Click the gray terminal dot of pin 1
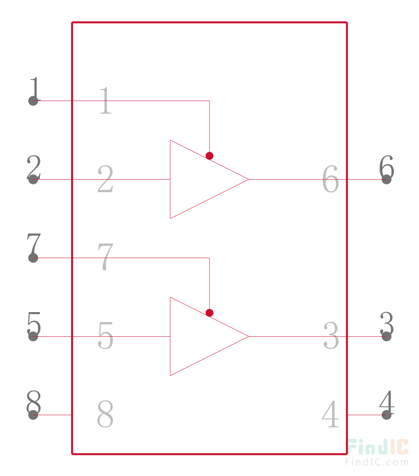coord(33,101)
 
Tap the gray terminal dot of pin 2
coord(33,180)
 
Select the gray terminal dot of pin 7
coord(33,258)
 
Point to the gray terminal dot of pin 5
coord(33,336)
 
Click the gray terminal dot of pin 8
coord(33,415)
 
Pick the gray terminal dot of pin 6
coord(386,180)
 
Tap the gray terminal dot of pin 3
coord(386,336)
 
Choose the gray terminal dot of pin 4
coord(386,415)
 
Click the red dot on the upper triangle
coord(209,156)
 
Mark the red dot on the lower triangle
coord(209,313)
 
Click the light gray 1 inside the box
coord(106,100)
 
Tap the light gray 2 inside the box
coord(105,179)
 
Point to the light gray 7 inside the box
coord(105,257)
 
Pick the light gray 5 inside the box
coord(105,335)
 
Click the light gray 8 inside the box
coord(105,414)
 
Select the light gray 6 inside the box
coord(330,179)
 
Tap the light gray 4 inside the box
coord(330,414)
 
